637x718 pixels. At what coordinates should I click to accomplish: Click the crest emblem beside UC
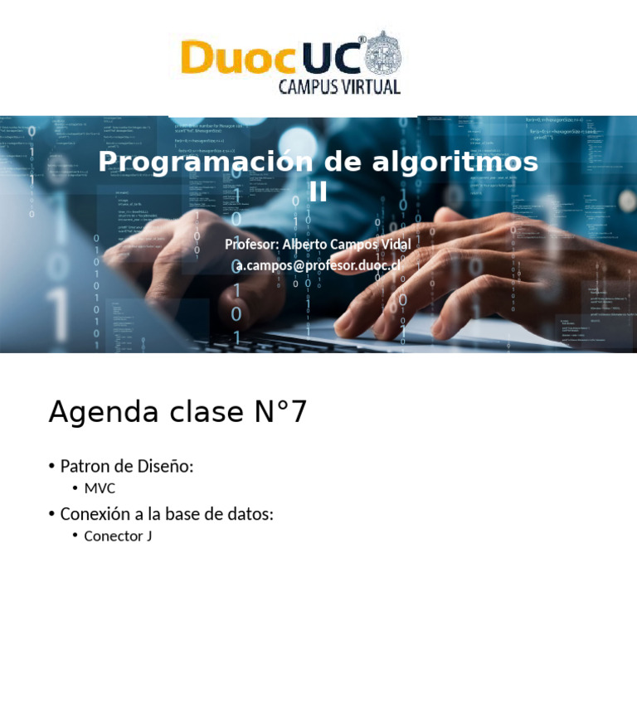pyautogui.click(x=384, y=53)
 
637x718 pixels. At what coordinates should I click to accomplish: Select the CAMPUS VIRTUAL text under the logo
pyautogui.click(x=339, y=87)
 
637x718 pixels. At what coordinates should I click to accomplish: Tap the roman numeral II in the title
pyautogui.click(x=318, y=192)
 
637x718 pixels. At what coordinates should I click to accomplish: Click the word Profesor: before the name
pyautogui.click(x=251, y=245)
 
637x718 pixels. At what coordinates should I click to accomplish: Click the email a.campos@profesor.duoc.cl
pyautogui.click(x=318, y=265)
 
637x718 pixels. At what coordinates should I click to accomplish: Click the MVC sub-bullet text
pyautogui.click(x=100, y=488)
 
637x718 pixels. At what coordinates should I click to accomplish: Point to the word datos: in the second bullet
pyautogui.click(x=250, y=514)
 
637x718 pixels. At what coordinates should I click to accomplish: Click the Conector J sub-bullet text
pyautogui.click(x=118, y=536)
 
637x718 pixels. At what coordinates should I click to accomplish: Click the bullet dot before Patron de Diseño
pyautogui.click(x=51, y=466)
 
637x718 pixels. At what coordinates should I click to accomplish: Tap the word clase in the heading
pyautogui.click(x=199, y=412)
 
